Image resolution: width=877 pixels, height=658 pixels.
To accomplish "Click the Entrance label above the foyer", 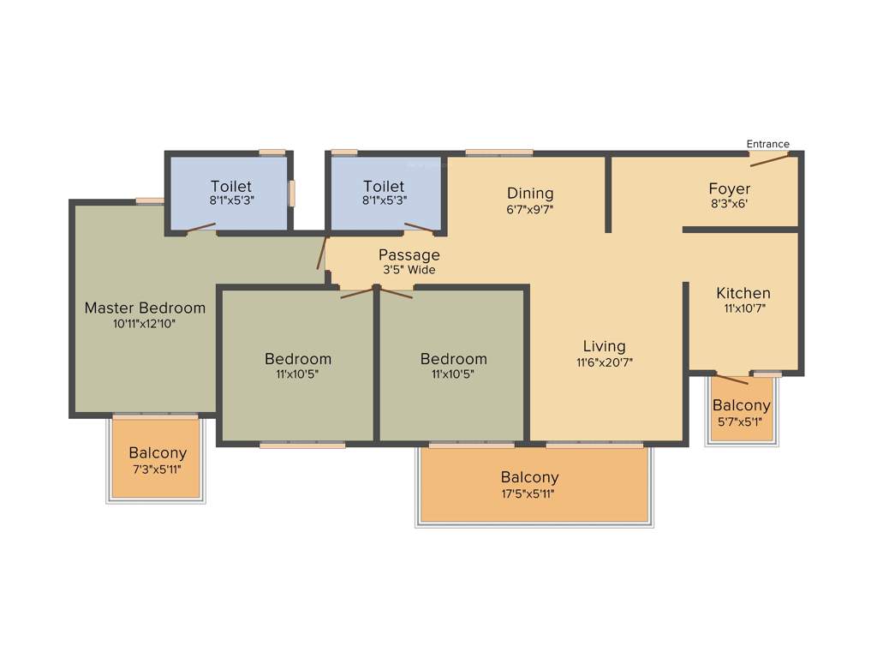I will [x=767, y=144].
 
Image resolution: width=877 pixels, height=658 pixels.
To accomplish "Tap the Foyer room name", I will [x=729, y=188].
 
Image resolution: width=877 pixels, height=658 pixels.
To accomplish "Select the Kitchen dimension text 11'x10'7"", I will [x=743, y=308].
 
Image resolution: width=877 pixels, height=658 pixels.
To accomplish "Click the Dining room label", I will [x=530, y=193].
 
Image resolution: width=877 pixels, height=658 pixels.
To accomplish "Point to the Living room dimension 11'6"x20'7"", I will [x=604, y=362].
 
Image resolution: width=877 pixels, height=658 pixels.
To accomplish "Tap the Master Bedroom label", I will [x=145, y=308].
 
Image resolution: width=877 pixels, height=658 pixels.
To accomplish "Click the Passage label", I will [x=409, y=254].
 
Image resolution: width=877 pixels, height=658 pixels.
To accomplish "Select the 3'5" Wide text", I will [x=409, y=270].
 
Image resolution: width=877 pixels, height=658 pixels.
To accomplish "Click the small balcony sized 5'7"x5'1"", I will [x=742, y=413].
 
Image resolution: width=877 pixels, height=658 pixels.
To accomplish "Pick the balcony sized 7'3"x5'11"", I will [x=158, y=460].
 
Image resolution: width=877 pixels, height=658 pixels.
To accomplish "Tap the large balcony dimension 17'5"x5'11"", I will [x=530, y=493].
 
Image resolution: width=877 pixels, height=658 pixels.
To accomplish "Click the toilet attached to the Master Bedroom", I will [x=230, y=193].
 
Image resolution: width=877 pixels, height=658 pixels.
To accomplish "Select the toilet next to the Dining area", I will [x=384, y=193].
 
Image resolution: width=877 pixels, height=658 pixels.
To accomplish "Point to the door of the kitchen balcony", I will [x=732, y=380].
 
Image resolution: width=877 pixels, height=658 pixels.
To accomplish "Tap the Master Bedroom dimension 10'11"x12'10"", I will [x=145, y=324].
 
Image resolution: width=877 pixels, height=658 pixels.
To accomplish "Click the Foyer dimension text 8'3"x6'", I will [x=729, y=204].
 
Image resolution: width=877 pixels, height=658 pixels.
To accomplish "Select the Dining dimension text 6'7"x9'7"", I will [x=530, y=208].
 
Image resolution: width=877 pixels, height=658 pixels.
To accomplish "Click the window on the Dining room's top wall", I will [x=499, y=153].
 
